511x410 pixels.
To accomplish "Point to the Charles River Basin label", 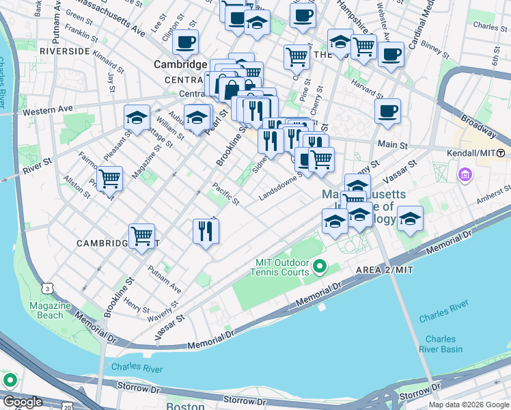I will (x=441, y=344).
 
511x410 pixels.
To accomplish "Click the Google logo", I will (x=23, y=402).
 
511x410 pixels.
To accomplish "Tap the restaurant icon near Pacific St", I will (x=206, y=232).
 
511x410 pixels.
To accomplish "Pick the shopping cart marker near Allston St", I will (x=109, y=179).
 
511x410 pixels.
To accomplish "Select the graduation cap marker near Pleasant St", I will (x=137, y=118).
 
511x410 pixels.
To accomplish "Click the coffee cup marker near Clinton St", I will (x=185, y=42).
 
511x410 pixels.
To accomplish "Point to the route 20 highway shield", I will (x=67, y=407).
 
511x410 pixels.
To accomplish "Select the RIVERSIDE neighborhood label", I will (x=65, y=51).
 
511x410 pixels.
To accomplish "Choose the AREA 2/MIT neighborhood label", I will (x=385, y=271).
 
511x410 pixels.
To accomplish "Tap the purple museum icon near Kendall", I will (x=467, y=175).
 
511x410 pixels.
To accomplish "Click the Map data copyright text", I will (x=468, y=405).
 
